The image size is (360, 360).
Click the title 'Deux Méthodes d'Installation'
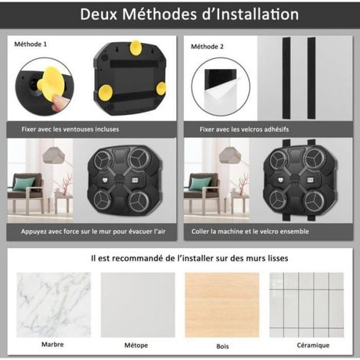189,15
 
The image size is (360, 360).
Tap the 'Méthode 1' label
31,44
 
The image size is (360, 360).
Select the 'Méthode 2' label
207,47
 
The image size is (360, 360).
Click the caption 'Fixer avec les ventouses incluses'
70,129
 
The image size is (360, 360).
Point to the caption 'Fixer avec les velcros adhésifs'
244,129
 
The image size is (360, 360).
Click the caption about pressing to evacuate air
93,231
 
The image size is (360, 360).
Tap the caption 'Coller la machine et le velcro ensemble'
250,231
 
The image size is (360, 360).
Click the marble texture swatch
54,305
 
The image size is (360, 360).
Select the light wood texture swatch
222,305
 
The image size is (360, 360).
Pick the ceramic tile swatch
306,305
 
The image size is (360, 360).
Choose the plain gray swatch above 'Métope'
138,305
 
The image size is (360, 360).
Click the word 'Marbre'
53,345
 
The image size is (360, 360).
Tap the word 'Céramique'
313,345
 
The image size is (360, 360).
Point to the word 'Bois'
222,346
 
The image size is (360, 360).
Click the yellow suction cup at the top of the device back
136,47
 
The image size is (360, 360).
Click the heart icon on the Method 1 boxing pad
105,180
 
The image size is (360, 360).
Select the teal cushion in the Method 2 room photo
201,184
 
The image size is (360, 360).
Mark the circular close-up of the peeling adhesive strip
221,87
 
